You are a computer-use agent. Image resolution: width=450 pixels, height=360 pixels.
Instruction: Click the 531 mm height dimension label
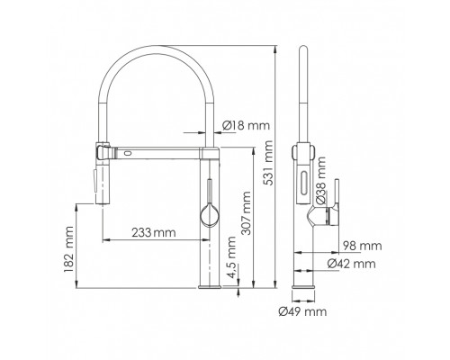tap(268, 163)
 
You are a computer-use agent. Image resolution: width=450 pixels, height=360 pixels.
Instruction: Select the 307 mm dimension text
tap(247, 213)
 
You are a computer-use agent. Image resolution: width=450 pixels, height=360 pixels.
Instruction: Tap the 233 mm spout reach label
tap(154, 232)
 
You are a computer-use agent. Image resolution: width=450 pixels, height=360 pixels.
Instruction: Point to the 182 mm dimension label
tap(68, 249)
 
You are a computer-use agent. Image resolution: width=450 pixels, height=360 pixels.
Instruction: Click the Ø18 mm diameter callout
tap(246, 125)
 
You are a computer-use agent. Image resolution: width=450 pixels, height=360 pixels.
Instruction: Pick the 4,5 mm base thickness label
tap(231, 257)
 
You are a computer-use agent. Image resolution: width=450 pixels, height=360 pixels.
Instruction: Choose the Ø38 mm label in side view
tap(320, 181)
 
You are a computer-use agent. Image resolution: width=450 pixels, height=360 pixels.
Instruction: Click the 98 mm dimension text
tap(363, 246)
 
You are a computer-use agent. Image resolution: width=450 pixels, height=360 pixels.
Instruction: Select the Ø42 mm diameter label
tap(352, 264)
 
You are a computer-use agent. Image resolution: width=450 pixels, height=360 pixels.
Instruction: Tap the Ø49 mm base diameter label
tap(302, 311)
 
